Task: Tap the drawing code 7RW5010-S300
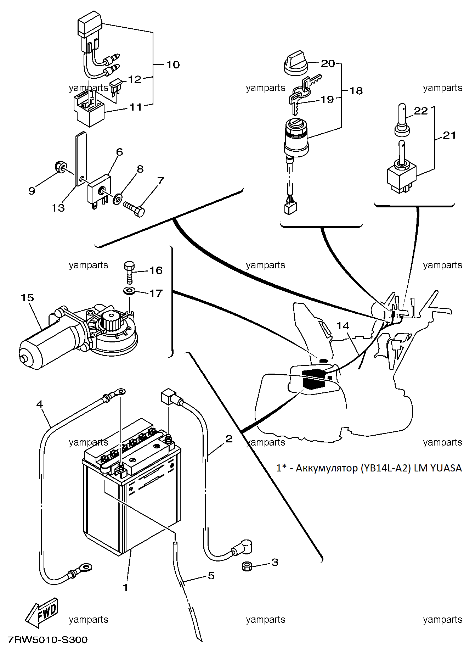(x=48, y=639)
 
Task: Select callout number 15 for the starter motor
(x=27, y=297)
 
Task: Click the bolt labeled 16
(x=129, y=272)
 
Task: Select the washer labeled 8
(x=117, y=199)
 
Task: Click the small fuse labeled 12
(x=116, y=88)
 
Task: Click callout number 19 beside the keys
(x=327, y=99)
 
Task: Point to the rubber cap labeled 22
(x=402, y=119)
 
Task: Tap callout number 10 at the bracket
(x=173, y=65)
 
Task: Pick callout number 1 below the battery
(x=125, y=588)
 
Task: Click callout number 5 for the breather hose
(x=211, y=576)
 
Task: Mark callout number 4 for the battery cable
(x=39, y=404)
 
